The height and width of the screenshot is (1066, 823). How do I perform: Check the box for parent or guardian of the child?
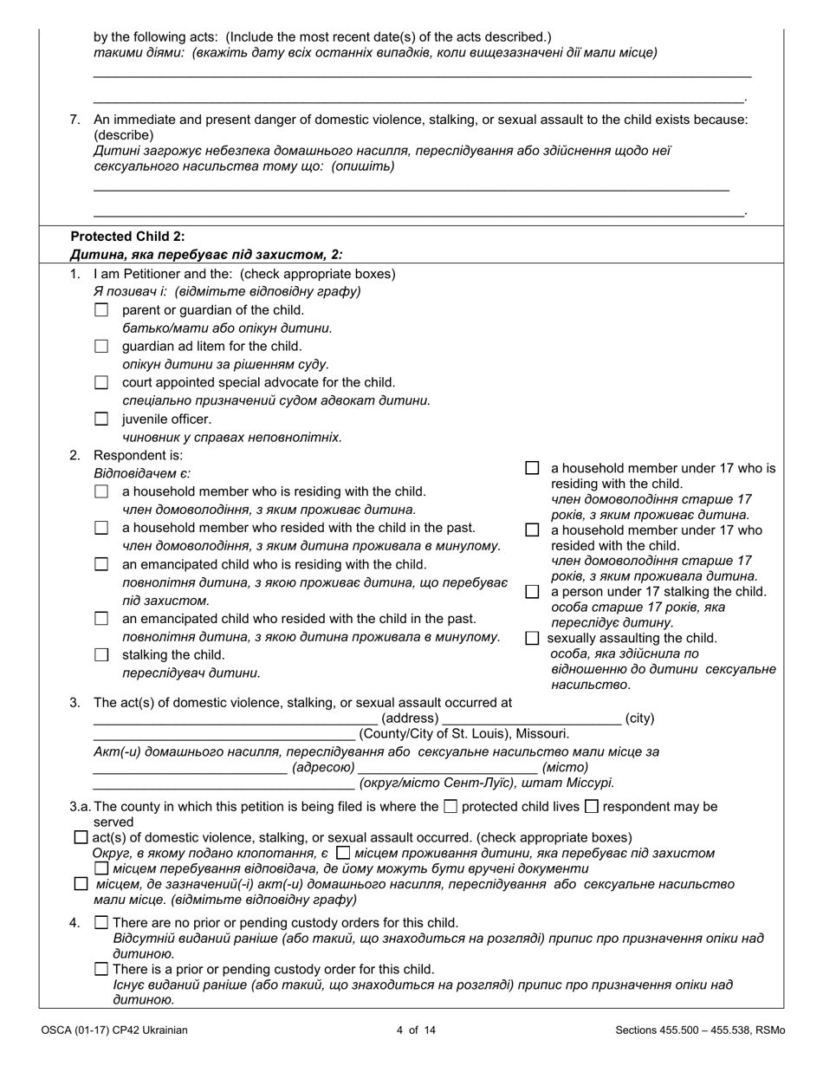click(101, 309)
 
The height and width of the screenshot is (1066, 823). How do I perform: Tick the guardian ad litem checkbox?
click(101, 346)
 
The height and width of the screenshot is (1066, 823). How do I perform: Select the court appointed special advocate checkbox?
click(101, 382)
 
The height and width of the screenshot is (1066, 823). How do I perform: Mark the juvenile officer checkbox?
click(101, 419)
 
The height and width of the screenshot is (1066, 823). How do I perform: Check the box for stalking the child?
click(101, 655)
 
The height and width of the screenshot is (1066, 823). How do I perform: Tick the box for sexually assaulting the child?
click(532, 638)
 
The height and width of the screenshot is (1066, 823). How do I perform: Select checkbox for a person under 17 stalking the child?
click(532, 592)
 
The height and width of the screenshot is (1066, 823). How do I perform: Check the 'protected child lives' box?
click(450, 807)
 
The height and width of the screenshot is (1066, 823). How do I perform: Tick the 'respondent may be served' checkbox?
click(592, 807)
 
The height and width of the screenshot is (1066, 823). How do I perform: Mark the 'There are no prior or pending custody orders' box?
click(101, 922)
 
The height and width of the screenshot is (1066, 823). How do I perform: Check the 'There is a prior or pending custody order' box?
click(101, 969)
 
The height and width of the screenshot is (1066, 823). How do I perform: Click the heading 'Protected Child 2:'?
click(127, 237)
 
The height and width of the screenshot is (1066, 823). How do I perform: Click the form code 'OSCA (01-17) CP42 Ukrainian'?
click(113, 1030)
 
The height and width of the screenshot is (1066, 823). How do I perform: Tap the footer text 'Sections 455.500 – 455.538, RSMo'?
click(700, 1030)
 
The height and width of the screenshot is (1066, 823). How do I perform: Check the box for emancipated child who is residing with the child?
click(101, 564)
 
